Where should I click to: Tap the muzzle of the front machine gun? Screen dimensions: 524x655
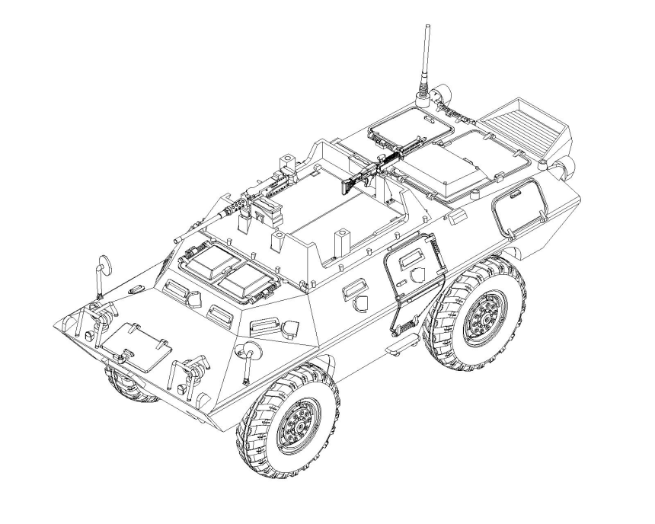point(177,239)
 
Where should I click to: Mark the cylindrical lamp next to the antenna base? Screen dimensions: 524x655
point(439,94)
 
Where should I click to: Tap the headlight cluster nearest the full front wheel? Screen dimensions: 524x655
point(193,371)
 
